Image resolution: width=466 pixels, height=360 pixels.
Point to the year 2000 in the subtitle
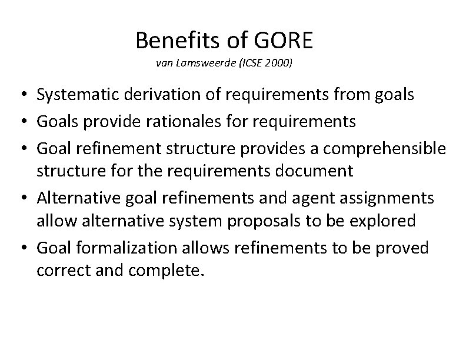coord(278,63)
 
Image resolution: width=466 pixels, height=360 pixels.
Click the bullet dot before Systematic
coord(25,95)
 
